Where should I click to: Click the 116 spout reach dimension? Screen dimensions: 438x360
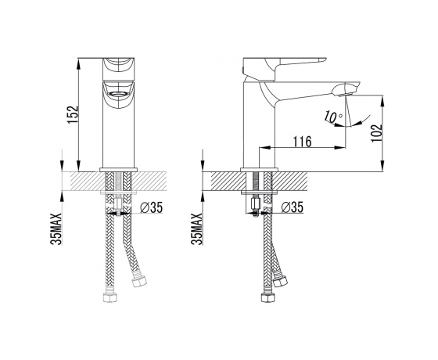tap(302, 142)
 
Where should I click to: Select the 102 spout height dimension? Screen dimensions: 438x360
tap(377, 133)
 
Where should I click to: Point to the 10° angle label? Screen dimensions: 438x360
tap(333, 117)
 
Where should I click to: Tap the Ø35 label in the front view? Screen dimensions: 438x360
tap(151, 207)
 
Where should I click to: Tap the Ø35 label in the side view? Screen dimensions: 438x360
tap(293, 207)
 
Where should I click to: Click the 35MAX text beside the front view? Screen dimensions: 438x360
tap(56, 229)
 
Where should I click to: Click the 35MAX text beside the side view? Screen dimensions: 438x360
tap(197, 229)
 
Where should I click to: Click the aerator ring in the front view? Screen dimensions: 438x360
tap(119, 94)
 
